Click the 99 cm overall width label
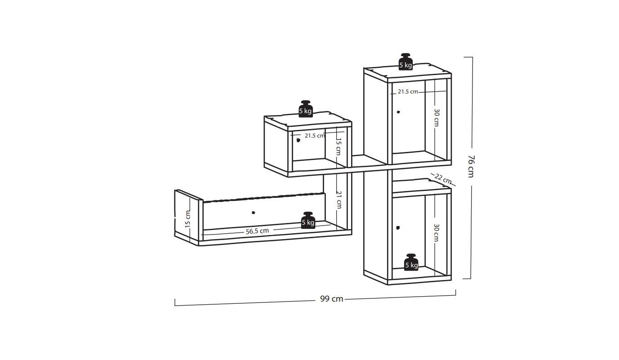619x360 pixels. pyautogui.click(x=332, y=299)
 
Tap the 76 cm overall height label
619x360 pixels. pyautogui.click(x=471, y=166)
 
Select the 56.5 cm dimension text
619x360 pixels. pyautogui.click(x=257, y=231)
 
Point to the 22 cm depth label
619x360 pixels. pyautogui.click(x=443, y=179)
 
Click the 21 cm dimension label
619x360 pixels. pyautogui.click(x=339, y=200)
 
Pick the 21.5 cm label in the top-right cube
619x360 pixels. pyautogui.click(x=408, y=92)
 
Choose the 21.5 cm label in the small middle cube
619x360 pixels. pyautogui.click(x=315, y=136)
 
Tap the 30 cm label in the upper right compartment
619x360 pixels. pyautogui.click(x=436, y=118)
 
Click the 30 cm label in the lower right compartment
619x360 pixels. pyautogui.click(x=436, y=233)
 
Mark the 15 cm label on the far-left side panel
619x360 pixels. pyautogui.click(x=187, y=219)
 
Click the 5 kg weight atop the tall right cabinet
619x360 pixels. pyautogui.click(x=405, y=62)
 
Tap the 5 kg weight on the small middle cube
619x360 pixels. pyautogui.click(x=306, y=109)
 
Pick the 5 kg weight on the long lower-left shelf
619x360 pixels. pyautogui.click(x=308, y=220)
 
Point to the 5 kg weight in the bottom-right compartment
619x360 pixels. pyautogui.click(x=411, y=262)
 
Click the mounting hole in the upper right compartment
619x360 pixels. pyautogui.click(x=398, y=112)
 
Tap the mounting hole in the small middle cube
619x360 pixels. pyautogui.click(x=298, y=140)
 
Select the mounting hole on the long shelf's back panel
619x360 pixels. pyautogui.click(x=253, y=213)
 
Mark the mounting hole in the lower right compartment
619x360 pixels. pyautogui.click(x=398, y=228)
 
